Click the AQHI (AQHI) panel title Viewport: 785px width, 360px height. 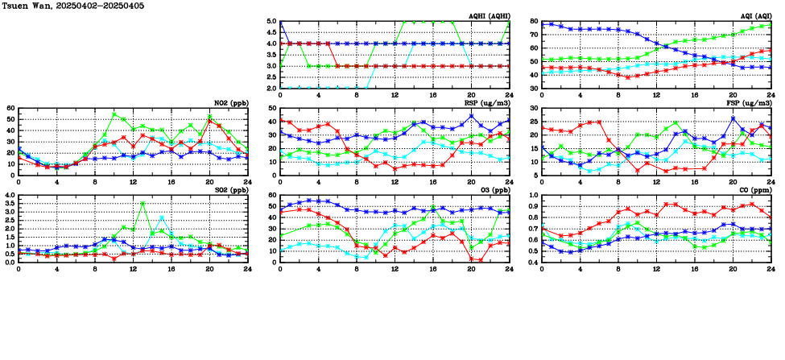[484, 15]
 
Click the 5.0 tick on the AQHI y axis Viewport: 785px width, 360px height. [271, 22]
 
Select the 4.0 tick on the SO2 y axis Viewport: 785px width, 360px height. [10, 196]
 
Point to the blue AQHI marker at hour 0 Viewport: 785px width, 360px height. [280, 23]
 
